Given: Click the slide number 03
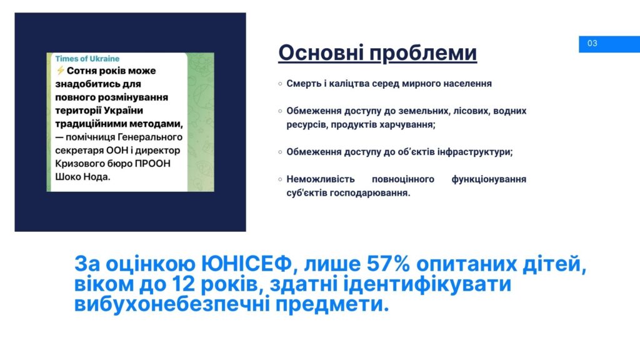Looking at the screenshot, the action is (592, 43).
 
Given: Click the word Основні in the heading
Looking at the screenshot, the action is (319, 52).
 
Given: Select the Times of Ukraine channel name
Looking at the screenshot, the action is (87, 59).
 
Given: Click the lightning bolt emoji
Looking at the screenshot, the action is (61, 71).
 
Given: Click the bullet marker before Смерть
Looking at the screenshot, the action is (280, 84).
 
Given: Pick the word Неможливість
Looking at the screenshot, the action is (321, 179).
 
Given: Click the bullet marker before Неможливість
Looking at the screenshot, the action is (280, 179).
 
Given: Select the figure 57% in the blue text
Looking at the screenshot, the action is (388, 264).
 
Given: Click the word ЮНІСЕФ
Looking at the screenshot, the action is (246, 264).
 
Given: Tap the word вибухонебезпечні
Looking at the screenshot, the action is (172, 304).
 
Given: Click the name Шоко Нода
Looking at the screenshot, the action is (82, 177).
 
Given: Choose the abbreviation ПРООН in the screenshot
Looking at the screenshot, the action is (152, 164).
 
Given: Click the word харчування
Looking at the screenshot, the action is (407, 125).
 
